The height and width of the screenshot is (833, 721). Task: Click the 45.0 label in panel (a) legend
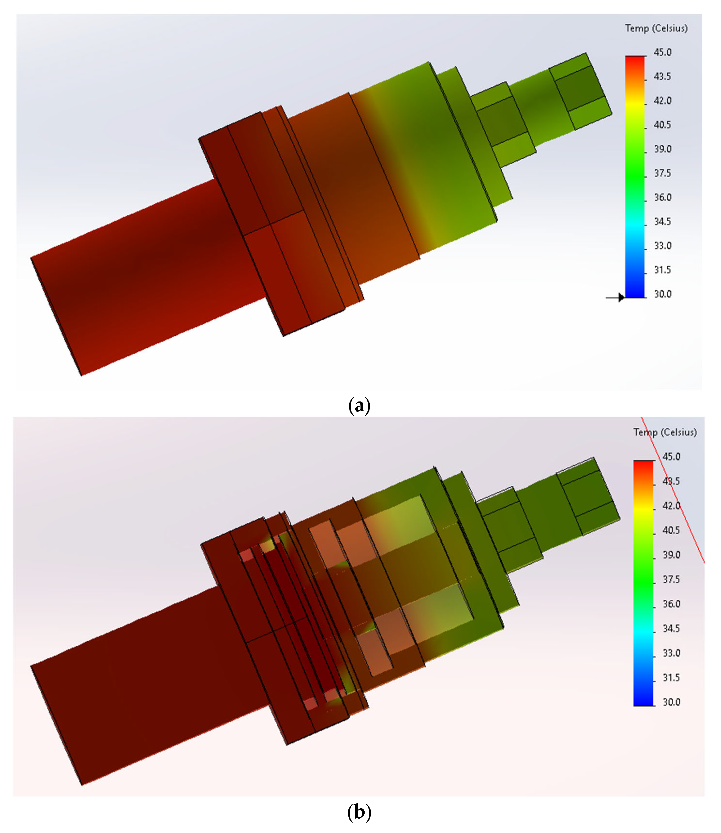click(662, 52)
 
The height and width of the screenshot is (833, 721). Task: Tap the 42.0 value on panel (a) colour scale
click(662, 100)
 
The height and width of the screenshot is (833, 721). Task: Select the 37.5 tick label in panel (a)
click(662, 173)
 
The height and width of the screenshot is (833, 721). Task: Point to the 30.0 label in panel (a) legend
click(662, 294)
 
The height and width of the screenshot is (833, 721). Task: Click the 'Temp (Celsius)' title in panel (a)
click(656, 28)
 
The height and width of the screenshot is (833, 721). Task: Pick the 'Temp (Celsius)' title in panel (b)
click(665, 432)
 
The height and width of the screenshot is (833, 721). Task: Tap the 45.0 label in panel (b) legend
click(671, 457)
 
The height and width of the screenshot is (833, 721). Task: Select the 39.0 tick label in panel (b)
click(671, 555)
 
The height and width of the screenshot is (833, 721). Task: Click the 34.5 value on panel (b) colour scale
click(671, 629)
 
